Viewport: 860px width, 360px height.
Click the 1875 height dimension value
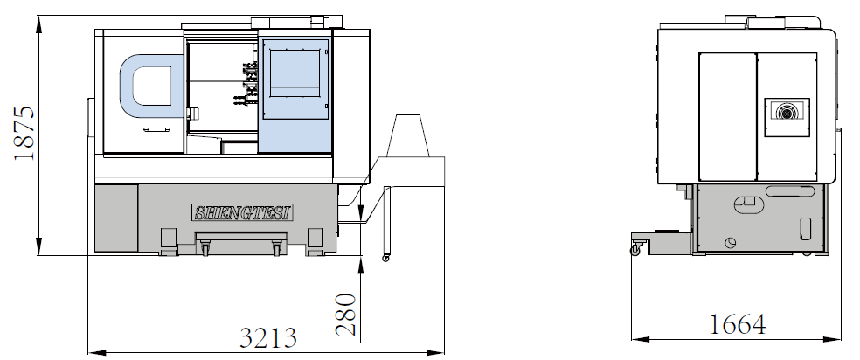24,133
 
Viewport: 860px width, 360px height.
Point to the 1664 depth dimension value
738,324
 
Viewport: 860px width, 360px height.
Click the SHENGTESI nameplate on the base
242,212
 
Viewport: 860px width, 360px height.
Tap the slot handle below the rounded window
158,129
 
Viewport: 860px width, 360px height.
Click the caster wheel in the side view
636,251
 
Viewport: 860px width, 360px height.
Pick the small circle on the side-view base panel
731,242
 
